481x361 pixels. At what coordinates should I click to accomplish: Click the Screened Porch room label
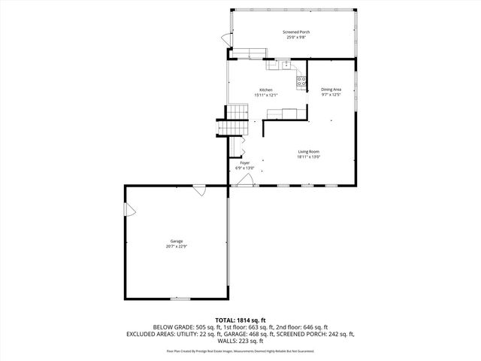(x=296, y=32)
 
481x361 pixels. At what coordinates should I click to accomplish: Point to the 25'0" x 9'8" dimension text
(x=296, y=37)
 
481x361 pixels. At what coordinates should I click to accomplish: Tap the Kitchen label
(x=266, y=90)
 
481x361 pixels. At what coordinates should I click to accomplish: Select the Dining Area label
(x=331, y=89)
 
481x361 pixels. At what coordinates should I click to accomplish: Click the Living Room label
(x=309, y=152)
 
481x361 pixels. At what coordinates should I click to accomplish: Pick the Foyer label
(x=245, y=163)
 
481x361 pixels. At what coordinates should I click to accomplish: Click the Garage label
(x=176, y=241)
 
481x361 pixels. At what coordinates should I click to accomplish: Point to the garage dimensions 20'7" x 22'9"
(x=176, y=246)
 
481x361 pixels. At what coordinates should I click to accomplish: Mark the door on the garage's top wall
(x=200, y=192)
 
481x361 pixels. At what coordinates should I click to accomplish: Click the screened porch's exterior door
(x=224, y=39)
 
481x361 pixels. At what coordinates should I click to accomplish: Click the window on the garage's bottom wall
(x=180, y=299)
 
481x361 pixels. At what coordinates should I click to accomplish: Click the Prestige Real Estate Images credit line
(x=240, y=350)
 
